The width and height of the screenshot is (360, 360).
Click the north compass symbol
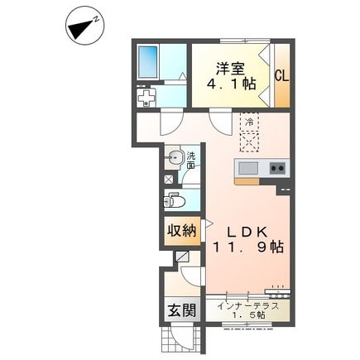point(85,28)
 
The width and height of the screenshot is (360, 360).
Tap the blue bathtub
point(148,62)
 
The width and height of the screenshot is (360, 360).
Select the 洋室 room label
point(230,69)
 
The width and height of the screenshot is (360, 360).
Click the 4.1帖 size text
point(231,84)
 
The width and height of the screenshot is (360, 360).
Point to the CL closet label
point(282,75)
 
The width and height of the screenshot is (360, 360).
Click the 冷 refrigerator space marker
point(249,122)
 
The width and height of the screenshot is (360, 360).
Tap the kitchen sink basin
point(248,168)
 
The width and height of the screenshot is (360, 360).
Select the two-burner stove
point(277,168)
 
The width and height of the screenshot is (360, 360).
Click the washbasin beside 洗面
point(173,158)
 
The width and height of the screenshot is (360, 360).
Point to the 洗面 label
point(190,161)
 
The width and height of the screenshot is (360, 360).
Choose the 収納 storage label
point(182,230)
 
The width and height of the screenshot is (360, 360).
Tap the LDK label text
point(247,232)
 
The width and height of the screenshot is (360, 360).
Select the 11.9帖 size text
point(248,247)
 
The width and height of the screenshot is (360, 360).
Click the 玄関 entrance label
point(182,310)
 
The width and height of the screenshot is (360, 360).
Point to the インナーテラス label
point(248,306)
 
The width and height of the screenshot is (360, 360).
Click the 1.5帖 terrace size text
point(248,314)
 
